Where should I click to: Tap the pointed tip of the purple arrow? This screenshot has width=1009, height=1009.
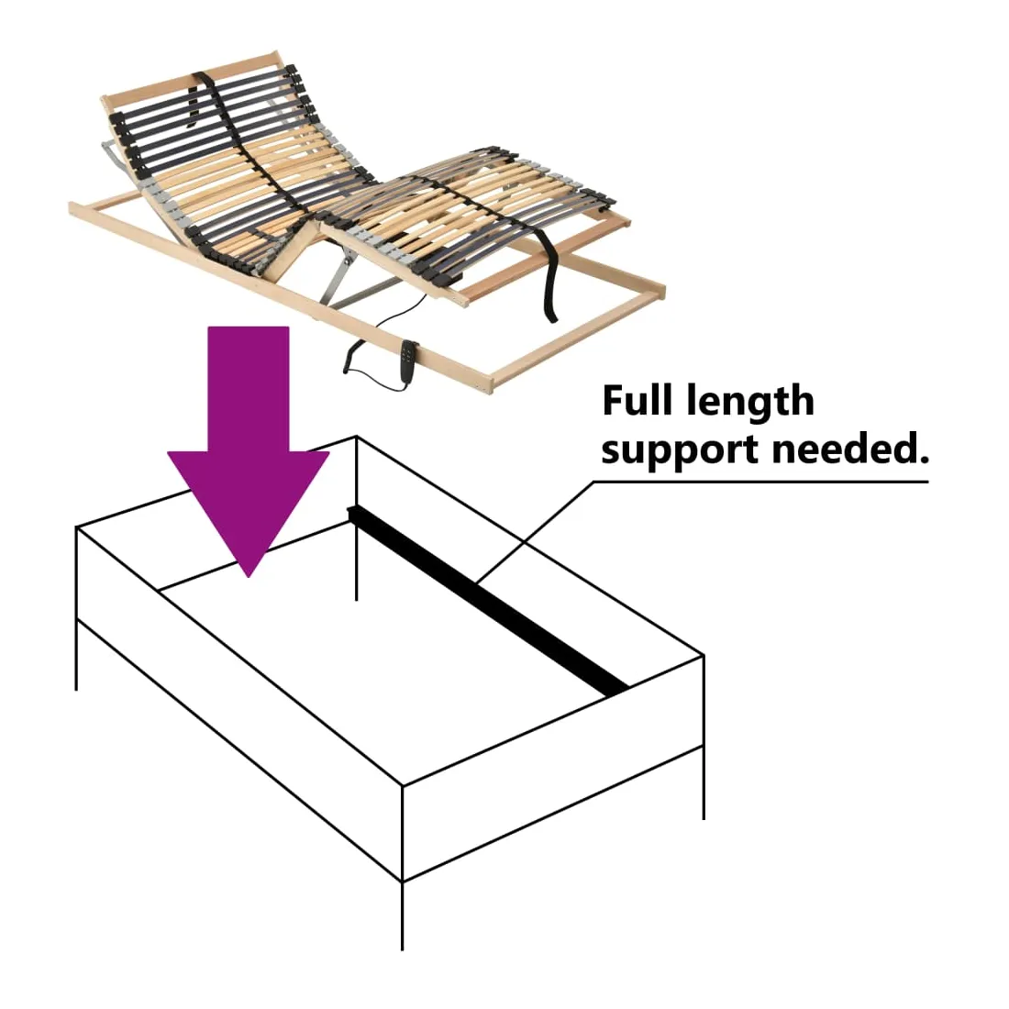tap(249, 572)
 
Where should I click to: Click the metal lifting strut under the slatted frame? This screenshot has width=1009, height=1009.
tap(344, 275)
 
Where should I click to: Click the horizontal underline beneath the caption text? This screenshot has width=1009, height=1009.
tap(761, 481)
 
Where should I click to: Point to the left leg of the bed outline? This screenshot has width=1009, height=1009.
tap(76, 651)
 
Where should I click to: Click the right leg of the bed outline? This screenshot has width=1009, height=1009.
tap(704, 780)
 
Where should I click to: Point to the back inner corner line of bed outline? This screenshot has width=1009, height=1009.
tap(356, 550)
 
